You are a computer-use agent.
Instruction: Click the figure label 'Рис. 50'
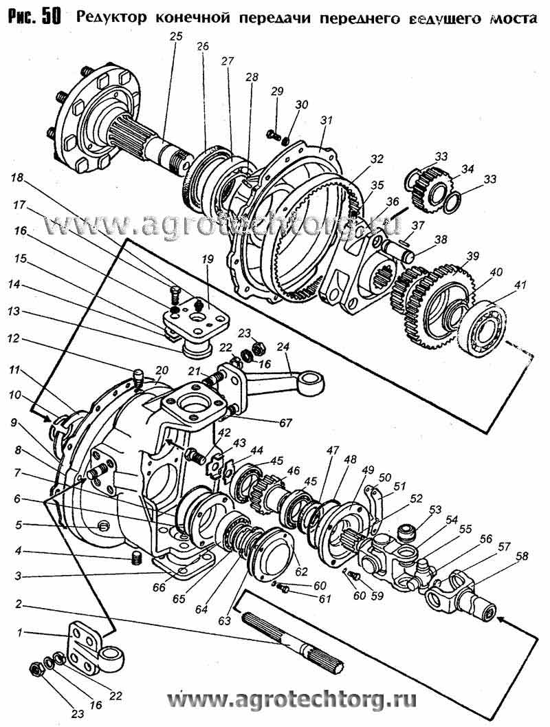tap(33, 17)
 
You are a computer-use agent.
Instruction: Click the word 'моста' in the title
tap(510, 18)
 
